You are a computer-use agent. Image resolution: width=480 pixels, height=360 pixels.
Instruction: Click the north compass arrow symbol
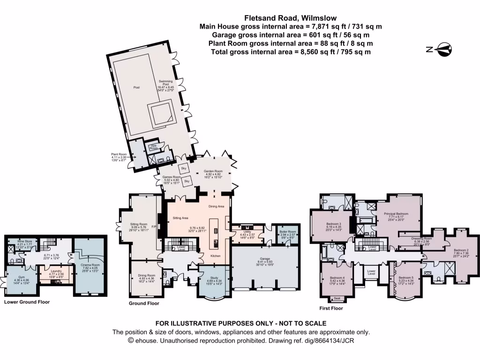[x=442, y=49]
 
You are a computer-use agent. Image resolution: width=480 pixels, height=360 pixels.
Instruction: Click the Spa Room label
[x=153, y=147]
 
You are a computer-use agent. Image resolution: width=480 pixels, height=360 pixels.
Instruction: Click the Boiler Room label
[x=285, y=232]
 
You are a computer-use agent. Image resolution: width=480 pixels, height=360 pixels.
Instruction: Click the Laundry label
[x=56, y=270]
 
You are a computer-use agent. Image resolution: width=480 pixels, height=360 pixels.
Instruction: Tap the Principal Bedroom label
[x=396, y=214]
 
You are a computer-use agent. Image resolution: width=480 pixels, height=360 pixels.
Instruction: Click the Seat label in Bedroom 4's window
[x=337, y=298]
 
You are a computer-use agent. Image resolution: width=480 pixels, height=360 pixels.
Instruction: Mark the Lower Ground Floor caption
[x=27, y=302]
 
